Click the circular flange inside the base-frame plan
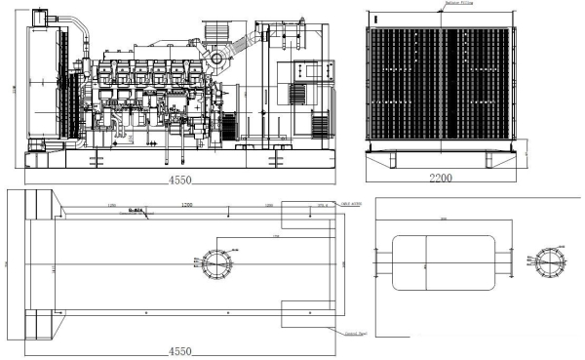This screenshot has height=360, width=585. (214, 263)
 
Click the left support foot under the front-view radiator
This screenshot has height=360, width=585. (385, 157)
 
